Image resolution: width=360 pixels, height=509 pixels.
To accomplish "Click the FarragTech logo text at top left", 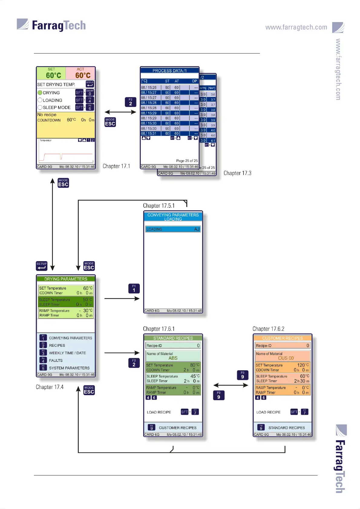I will [x=59, y=25].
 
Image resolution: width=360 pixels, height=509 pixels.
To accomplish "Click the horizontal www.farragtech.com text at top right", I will [x=296, y=27].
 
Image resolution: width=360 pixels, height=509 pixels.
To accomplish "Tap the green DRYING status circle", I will [x=40, y=93].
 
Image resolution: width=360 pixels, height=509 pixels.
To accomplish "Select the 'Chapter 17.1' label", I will [x=116, y=166].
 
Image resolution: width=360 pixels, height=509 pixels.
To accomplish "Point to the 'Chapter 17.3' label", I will [x=237, y=173].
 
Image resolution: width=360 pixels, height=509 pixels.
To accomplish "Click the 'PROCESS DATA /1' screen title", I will [x=169, y=71].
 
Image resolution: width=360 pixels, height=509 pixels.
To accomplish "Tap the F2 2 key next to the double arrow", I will [x=130, y=102].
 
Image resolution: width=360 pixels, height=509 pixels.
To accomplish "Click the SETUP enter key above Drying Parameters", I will [x=41, y=266].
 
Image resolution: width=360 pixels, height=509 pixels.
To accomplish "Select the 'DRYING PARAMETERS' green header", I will [x=66, y=279].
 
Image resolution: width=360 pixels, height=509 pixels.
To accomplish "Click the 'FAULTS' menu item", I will [x=56, y=361].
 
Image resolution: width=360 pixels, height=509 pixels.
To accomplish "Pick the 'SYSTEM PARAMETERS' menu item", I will [x=69, y=368].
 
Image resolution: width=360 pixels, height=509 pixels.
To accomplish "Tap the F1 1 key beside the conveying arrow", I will [x=134, y=289].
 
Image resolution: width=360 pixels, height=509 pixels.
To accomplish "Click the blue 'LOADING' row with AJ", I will [x=173, y=229].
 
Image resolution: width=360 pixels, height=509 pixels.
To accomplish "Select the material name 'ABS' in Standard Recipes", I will [x=173, y=358].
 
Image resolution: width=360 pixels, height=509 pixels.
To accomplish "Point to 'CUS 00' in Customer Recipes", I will [x=286, y=358].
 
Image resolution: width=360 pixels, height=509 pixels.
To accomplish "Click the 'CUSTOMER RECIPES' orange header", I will [x=282, y=338].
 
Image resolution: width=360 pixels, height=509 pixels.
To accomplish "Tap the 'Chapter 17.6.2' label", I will [x=268, y=329].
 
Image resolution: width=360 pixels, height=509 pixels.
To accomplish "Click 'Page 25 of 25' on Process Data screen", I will [x=187, y=161].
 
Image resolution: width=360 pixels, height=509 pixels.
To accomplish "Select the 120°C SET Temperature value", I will [x=303, y=365].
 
